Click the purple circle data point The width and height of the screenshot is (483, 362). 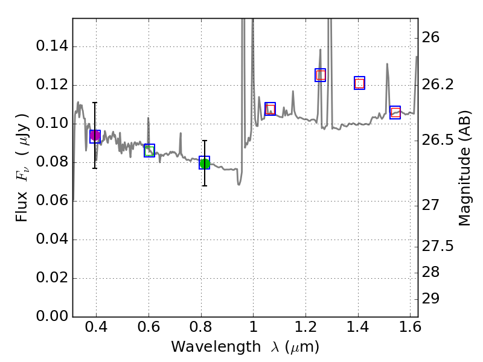(x=95, y=136)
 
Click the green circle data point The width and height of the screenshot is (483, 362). (x=205, y=164)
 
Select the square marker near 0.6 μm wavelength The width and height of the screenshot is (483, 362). (x=149, y=150)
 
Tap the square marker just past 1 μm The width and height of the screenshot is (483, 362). (x=270, y=109)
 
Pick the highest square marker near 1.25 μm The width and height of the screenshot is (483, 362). (x=321, y=75)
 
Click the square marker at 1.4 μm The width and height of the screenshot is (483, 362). (x=359, y=83)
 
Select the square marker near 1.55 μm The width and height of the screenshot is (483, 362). (x=395, y=112)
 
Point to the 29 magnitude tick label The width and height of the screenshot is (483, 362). (x=435, y=299)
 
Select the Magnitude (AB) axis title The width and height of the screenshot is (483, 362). (x=464, y=171)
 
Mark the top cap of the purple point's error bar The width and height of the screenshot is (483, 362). (x=95, y=103)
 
